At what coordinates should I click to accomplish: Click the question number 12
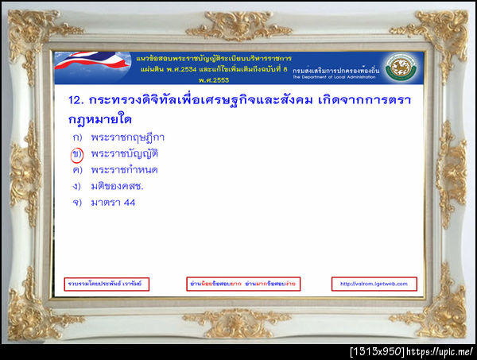(x=76, y=102)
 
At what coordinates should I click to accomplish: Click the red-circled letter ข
(x=77, y=153)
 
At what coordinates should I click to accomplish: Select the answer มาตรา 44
(x=113, y=203)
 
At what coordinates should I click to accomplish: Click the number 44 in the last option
(x=128, y=203)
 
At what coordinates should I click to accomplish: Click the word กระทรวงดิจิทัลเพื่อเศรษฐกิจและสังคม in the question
(x=202, y=102)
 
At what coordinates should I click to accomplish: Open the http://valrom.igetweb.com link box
(x=374, y=284)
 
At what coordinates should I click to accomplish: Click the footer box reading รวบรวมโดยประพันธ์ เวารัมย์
(x=107, y=284)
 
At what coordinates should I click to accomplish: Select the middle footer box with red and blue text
(x=242, y=284)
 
